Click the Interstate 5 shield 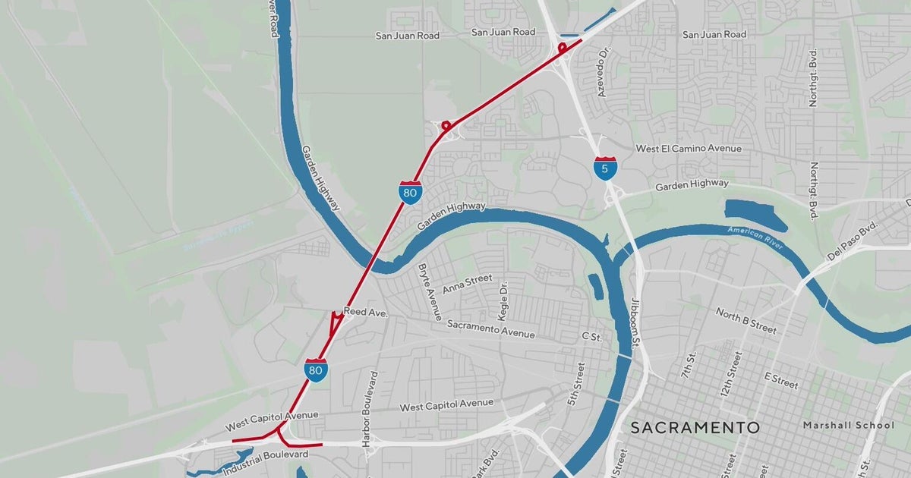point(605,168)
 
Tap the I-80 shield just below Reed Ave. point(317,370)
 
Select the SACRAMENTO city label point(695,428)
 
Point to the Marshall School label point(849,426)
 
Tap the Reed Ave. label point(366,312)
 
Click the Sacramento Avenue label point(490,329)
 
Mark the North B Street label point(746,320)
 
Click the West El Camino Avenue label point(688,149)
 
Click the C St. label point(591,335)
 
